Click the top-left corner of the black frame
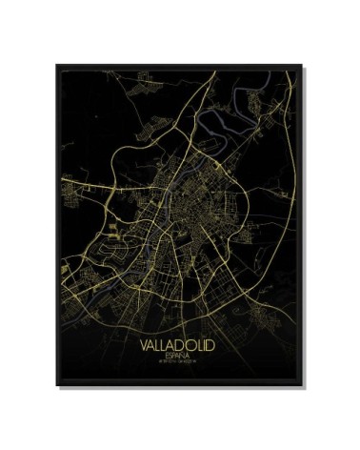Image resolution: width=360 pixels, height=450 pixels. (x=70, y=62)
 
